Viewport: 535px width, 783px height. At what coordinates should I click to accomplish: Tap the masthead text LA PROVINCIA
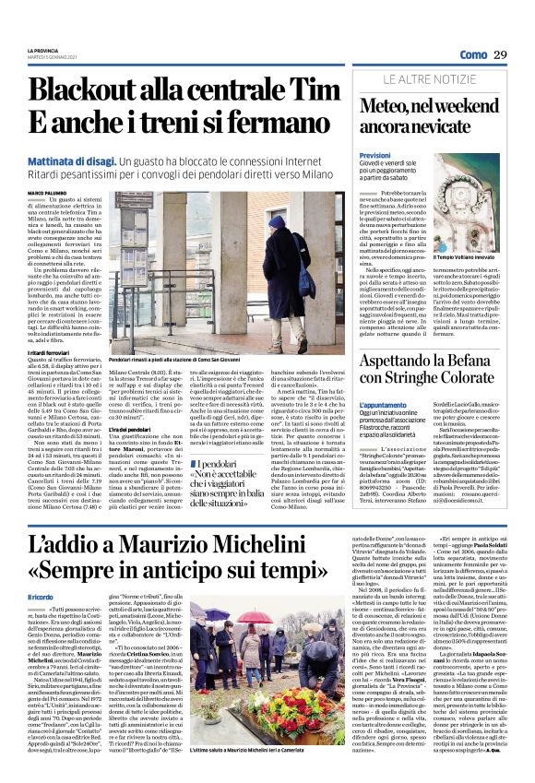(42, 50)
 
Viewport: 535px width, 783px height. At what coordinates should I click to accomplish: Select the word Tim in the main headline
(319, 90)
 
